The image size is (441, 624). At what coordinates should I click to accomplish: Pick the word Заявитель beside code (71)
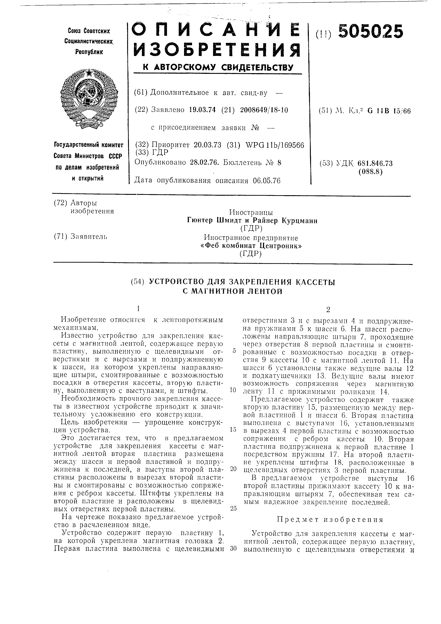(89, 237)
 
